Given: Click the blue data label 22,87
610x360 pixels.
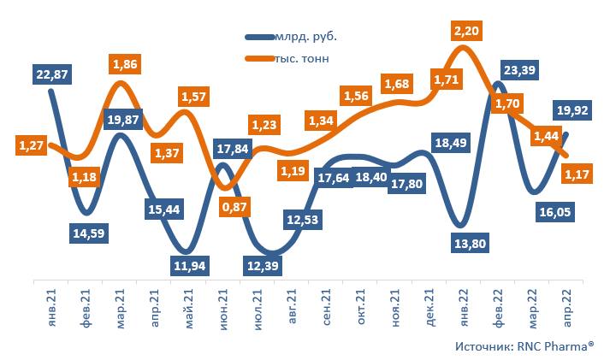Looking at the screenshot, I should point(52,75).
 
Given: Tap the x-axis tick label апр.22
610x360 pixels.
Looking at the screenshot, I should point(567,304).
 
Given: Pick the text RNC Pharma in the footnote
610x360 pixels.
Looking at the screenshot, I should point(553,346).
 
